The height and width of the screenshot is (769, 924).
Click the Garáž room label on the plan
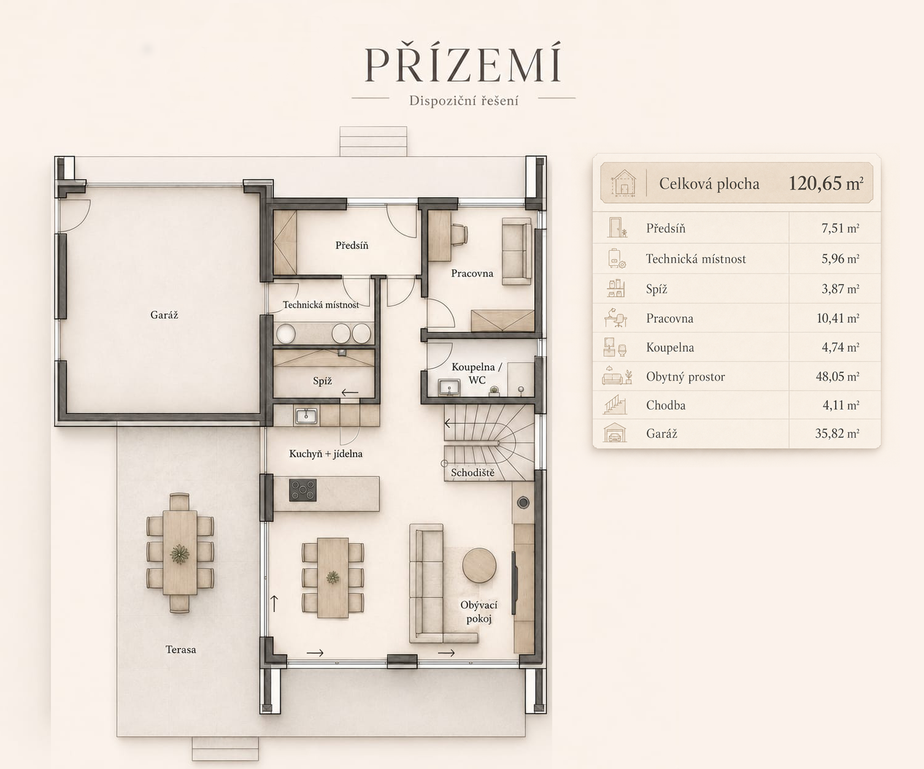tap(164, 315)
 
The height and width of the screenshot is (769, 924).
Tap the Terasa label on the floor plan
tap(180, 649)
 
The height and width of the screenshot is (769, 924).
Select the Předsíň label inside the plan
tap(352, 245)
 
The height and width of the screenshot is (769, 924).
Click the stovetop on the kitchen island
tap(302, 490)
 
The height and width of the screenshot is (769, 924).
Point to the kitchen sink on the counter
tap(306, 416)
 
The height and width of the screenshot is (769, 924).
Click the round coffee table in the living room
tap(479, 565)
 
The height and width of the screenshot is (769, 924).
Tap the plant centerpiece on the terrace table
tap(180, 554)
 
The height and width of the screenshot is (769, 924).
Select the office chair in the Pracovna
tap(460, 234)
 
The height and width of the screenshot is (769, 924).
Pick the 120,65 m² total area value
tap(826, 183)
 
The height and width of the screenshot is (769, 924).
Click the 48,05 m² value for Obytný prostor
tap(837, 377)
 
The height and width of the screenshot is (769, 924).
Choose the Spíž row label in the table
tap(656, 289)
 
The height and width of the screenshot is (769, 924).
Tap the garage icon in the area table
tap(615, 433)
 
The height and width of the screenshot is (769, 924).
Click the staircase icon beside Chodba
tap(615, 405)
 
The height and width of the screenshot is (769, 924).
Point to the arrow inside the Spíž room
tap(350, 392)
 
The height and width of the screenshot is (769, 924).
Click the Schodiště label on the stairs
tap(472, 473)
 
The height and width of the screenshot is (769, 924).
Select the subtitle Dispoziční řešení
tap(463, 101)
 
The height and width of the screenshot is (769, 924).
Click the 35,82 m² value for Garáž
tap(837, 433)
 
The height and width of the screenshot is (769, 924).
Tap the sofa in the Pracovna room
tap(517, 251)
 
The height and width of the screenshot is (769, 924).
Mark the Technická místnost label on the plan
tap(321, 305)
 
